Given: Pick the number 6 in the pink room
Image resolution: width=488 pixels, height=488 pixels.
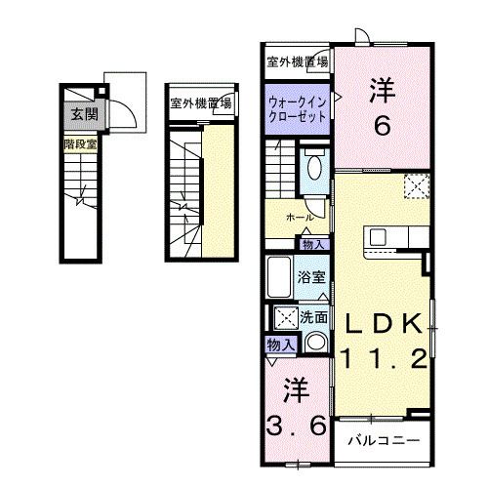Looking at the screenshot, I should pyautogui.click(x=381, y=125).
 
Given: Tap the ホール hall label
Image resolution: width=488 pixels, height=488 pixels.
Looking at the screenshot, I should pyautogui.click(x=299, y=217).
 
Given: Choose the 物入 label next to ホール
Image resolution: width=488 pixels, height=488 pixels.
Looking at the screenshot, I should pyautogui.click(x=313, y=244).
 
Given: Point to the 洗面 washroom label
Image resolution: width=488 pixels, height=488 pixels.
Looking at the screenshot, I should pyautogui.click(x=313, y=317).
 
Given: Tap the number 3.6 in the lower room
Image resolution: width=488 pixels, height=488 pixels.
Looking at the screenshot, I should pyautogui.click(x=296, y=427).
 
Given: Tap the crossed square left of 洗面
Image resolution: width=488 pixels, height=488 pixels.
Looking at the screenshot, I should pyautogui.click(x=285, y=317).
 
